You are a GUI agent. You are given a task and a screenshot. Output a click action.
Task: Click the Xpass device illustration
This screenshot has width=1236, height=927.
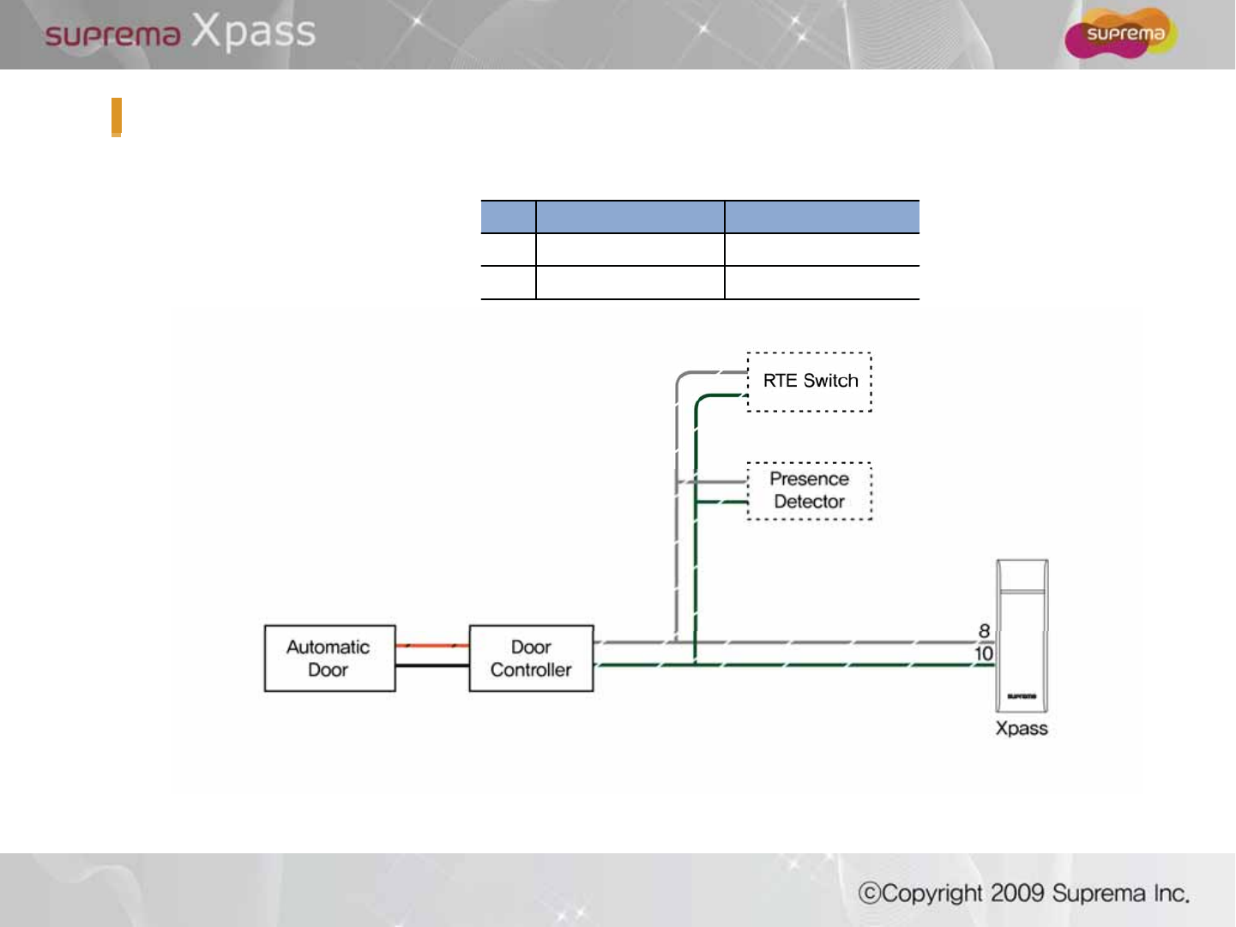click(x=1022, y=635)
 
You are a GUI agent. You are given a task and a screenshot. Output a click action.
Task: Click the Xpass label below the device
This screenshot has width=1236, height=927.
click(x=1022, y=728)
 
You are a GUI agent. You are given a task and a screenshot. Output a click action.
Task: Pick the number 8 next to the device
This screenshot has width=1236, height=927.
click(x=985, y=631)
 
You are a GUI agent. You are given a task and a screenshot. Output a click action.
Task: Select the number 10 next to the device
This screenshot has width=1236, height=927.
click(x=984, y=653)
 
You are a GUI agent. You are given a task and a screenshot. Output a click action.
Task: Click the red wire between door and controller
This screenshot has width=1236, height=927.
click(x=432, y=646)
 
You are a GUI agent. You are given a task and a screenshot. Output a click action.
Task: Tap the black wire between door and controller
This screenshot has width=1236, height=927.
click(x=432, y=665)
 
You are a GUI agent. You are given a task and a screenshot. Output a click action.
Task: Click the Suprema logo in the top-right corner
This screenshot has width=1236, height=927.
click(x=1120, y=33)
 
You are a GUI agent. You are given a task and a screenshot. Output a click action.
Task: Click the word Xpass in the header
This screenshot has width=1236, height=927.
click(x=253, y=32)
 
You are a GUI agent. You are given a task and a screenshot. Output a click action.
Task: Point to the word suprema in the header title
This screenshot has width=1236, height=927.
click(x=112, y=35)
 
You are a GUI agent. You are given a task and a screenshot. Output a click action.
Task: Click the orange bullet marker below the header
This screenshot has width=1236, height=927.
click(x=117, y=117)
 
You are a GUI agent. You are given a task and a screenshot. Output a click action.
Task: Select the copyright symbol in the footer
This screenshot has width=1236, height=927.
click(x=870, y=894)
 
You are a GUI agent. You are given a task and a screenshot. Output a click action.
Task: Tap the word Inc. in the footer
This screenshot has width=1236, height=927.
click(x=1172, y=894)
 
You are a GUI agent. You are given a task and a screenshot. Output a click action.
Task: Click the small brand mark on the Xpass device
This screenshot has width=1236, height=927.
click(x=1022, y=696)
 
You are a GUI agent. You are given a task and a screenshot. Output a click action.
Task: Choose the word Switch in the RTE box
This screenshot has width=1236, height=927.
click(x=830, y=381)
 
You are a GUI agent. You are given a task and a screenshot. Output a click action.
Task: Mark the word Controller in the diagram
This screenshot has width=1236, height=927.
click(x=531, y=670)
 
